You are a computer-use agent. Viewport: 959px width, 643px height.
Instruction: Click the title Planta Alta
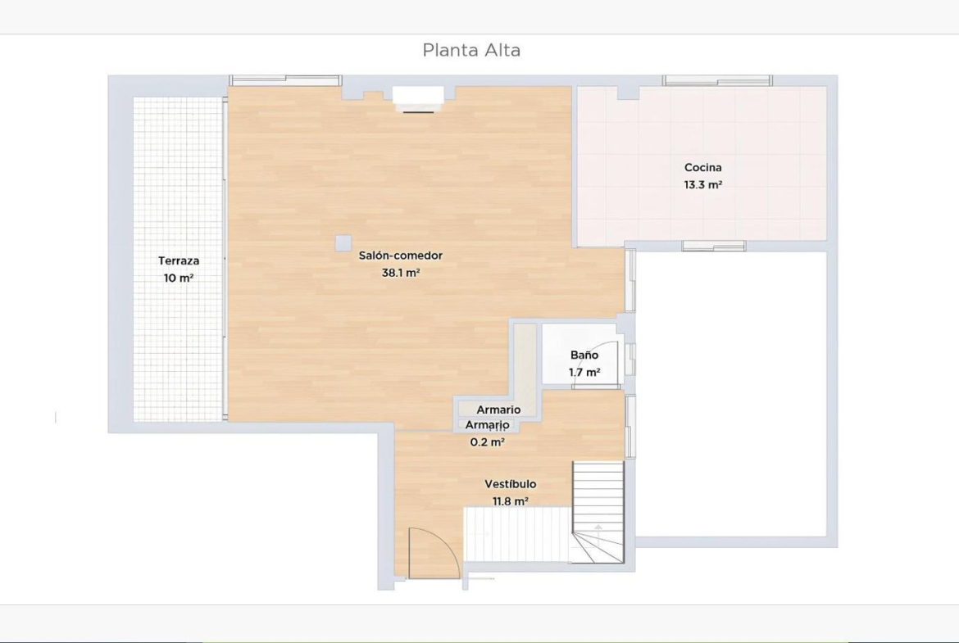click(471, 50)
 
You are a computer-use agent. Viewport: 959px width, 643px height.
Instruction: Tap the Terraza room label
click(179, 261)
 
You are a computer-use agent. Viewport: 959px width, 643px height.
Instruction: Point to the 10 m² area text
click(179, 278)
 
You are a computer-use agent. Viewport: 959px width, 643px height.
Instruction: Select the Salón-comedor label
click(401, 256)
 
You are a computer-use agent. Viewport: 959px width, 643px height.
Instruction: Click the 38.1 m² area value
click(401, 274)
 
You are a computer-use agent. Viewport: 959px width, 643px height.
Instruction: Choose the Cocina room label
click(702, 167)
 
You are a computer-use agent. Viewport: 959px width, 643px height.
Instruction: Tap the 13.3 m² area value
click(702, 184)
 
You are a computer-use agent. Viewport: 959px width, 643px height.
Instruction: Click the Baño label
click(584, 355)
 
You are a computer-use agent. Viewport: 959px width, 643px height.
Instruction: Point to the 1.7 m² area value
click(584, 372)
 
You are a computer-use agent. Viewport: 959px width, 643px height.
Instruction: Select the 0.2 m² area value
click(487, 442)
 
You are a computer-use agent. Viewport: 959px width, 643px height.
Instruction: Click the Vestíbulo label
click(510, 484)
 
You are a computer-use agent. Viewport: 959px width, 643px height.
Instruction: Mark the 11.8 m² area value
click(510, 501)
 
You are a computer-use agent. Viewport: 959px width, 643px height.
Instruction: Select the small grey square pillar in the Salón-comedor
click(343, 242)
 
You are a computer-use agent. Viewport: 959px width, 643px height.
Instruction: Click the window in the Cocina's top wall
click(717, 80)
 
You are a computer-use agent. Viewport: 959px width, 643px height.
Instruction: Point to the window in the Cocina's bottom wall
click(714, 246)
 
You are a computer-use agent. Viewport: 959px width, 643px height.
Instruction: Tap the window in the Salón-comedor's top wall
click(285, 80)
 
